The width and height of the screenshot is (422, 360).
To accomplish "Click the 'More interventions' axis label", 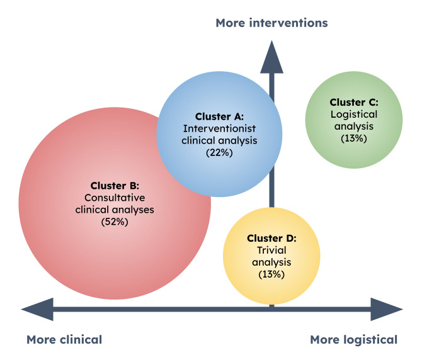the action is (x=271, y=23).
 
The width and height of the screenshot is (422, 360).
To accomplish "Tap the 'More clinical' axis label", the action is (x=64, y=340).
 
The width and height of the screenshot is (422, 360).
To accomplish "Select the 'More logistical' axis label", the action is (x=353, y=340).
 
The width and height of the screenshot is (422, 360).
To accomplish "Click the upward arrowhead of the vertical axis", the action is (x=271, y=57).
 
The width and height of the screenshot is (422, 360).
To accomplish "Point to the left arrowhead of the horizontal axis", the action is (x=37, y=309).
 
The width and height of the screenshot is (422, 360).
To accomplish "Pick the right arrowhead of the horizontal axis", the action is (x=387, y=309).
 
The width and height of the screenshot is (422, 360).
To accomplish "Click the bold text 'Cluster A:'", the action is (x=219, y=116).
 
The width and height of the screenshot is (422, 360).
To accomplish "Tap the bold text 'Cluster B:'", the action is (x=115, y=186).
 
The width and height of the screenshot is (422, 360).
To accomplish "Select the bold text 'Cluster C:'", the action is (x=354, y=103).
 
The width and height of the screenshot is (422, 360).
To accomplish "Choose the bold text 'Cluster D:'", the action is (x=271, y=239).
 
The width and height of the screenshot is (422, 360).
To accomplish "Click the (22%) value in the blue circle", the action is (x=219, y=153).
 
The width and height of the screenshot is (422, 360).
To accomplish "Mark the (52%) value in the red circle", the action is (x=115, y=222).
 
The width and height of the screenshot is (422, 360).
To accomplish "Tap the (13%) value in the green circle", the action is (x=354, y=138).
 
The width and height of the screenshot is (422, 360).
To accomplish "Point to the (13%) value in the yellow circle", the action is (x=271, y=274).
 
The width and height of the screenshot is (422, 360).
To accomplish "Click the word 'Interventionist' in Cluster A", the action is (x=219, y=129).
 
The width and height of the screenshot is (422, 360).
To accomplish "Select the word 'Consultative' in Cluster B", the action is (x=115, y=198).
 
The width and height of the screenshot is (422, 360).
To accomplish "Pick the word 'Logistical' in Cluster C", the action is (x=354, y=115).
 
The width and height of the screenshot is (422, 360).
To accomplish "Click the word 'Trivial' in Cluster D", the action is (x=271, y=250).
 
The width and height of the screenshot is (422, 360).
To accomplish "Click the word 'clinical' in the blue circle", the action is (x=198, y=140).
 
